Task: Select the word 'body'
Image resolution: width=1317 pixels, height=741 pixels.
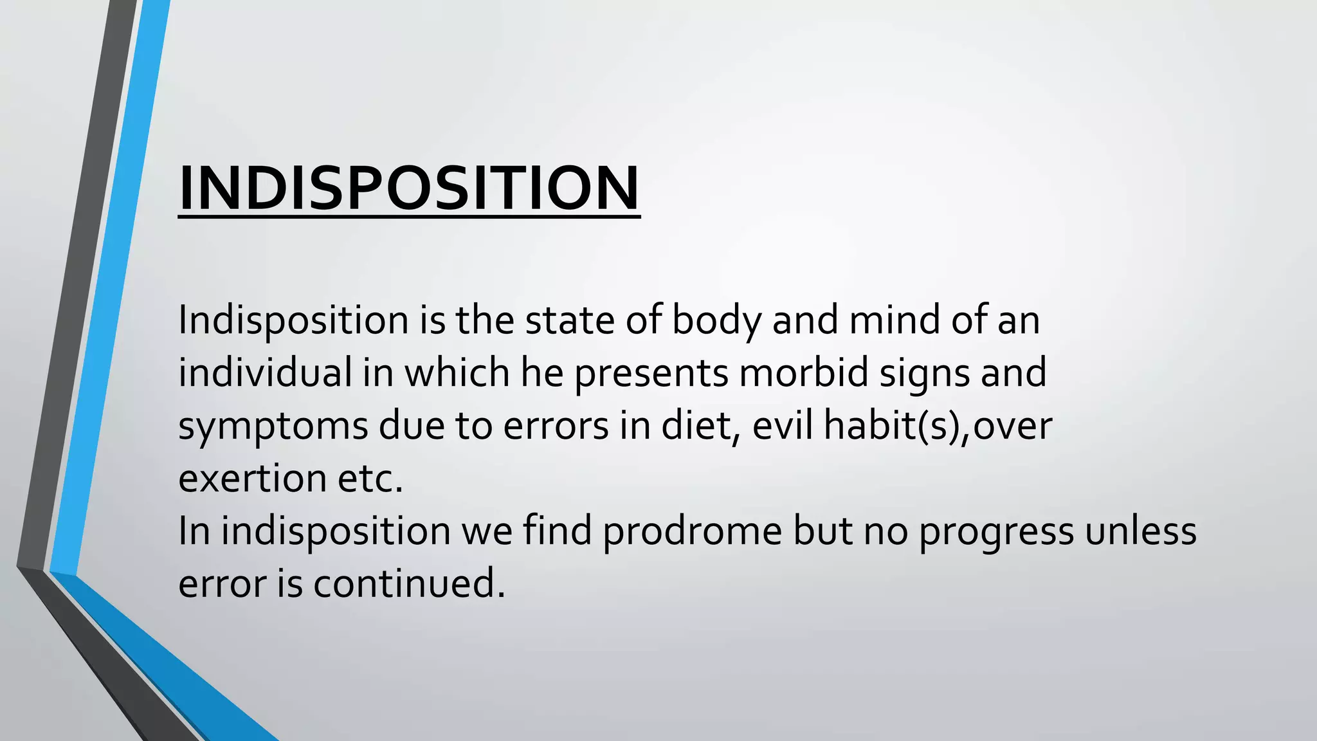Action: click(x=716, y=321)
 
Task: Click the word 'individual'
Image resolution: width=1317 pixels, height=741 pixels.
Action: click(x=265, y=372)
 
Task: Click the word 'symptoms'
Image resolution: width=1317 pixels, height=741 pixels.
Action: click(x=273, y=426)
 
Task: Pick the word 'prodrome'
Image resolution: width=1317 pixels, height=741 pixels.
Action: click(x=692, y=532)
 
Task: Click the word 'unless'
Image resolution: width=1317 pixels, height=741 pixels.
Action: click(x=1141, y=532)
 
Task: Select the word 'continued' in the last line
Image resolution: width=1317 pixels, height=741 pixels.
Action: click(x=409, y=585)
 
